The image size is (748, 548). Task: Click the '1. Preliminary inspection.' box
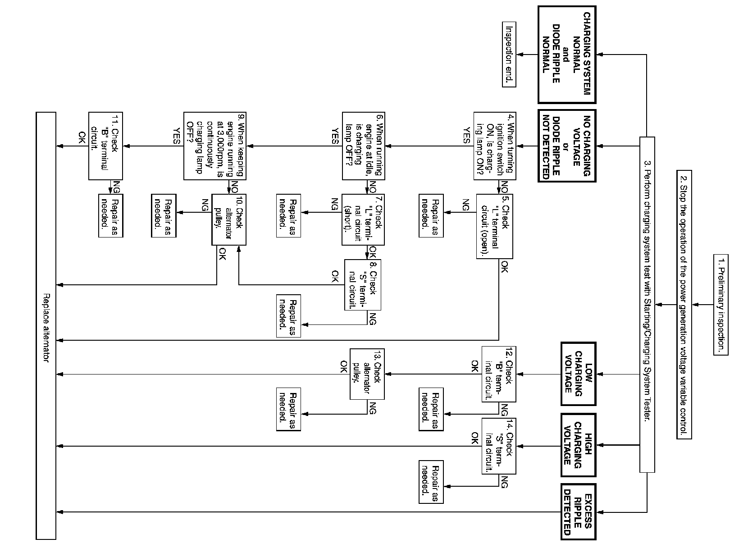pyautogui.click(x=721, y=305)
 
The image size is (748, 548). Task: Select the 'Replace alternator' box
pyautogui.click(x=46, y=325)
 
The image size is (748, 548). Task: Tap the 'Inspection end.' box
pyautogui.click(x=509, y=54)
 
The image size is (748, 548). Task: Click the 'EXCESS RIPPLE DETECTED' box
pyautogui.click(x=578, y=511)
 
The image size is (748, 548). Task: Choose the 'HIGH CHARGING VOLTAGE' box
pyautogui.click(x=578, y=445)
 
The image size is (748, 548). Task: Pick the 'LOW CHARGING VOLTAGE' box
pyautogui.click(x=578, y=374)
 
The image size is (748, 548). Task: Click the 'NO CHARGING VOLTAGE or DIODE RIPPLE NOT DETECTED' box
pyautogui.click(x=567, y=146)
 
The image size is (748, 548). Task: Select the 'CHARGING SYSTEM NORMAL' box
pyautogui.click(x=567, y=54)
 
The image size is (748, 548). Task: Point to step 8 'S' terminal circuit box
pyautogui.click(x=363, y=285)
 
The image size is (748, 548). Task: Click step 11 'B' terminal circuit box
pyautogui.click(x=105, y=146)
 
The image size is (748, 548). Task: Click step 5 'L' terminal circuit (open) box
pyautogui.click(x=495, y=226)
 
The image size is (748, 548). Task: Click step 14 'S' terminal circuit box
pyautogui.click(x=499, y=446)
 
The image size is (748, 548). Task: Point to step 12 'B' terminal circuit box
pyautogui.click(x=499, y=374)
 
